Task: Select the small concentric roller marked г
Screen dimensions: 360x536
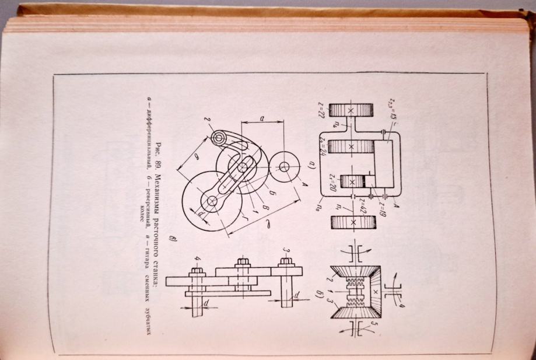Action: click(x=220, y=138)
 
